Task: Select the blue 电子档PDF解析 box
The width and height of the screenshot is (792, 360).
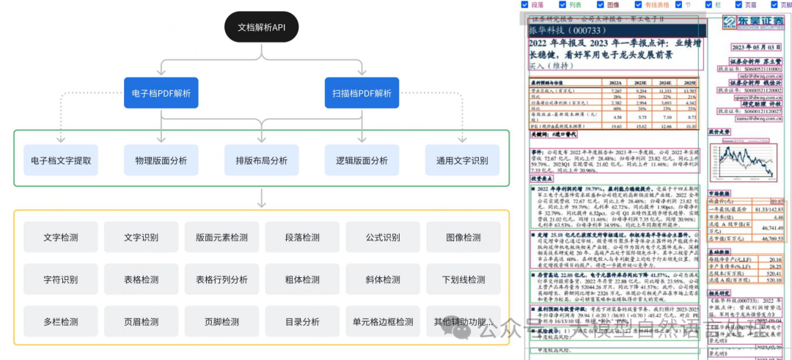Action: click(161, 93)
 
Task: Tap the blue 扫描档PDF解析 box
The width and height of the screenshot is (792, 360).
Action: click(362, 93)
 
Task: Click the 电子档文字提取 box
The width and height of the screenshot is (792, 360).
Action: click(61, 160)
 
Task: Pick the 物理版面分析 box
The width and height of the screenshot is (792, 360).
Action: click(161, 160)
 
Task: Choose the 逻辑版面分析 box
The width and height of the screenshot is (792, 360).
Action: click(362, 160)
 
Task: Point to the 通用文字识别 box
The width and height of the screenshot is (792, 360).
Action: click(462, 160)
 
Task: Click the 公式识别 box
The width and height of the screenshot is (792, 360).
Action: click(382, 238)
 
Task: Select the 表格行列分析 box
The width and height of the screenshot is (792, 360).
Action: click(221, 279)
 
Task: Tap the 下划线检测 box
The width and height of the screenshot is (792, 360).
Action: click(463, 279)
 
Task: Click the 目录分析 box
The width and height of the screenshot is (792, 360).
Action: click(301, 321)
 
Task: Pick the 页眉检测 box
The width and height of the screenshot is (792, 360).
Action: click(141, 321)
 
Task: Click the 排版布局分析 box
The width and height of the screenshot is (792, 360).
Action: click(262, 160)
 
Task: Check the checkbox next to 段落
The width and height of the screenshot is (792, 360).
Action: click(524, 5)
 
